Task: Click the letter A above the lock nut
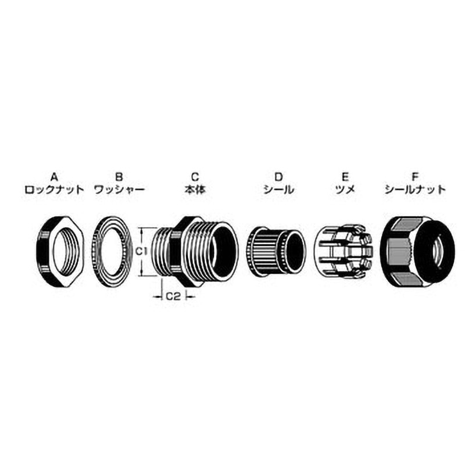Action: (54, 177)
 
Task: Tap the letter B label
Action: (119, 177)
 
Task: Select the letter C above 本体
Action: (195, 177)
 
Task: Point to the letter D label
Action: (279, 177)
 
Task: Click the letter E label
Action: (345, 177)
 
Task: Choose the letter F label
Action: (415, 177)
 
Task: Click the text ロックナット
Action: (55, 189)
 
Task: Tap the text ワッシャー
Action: (119, 189)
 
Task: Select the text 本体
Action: (195, 189)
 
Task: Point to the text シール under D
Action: (279, 189)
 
